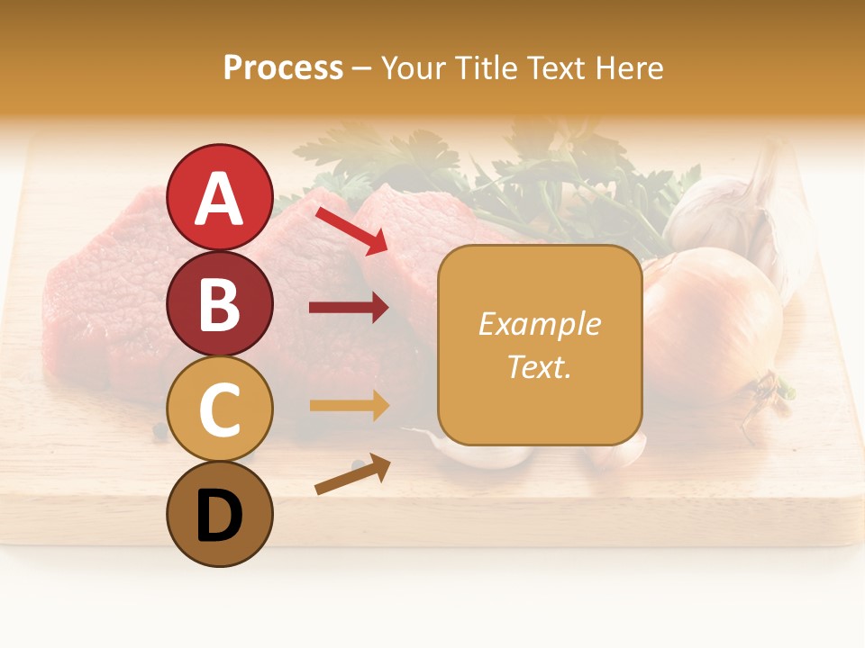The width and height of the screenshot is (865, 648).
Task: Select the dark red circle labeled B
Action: pyautogui.click(x=219, y=303)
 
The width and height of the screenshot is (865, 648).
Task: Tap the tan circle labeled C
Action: pyautogui.click(x=219, y=409)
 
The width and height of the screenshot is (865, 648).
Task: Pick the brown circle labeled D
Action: pyautogui.click(x=219, y=514)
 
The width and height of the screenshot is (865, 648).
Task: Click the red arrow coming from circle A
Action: pyautogui.click(x=351, y=229)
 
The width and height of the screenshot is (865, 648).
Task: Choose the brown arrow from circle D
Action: pyautogui.click(x=351, y=475)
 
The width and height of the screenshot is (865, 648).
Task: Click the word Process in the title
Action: pyautogui.click(x=283, y=67)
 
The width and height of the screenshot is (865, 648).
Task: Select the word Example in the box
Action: pyautogui.click(x=539, y=324)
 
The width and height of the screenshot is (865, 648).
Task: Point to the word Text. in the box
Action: pyautogui.click(x=539, y=366)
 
